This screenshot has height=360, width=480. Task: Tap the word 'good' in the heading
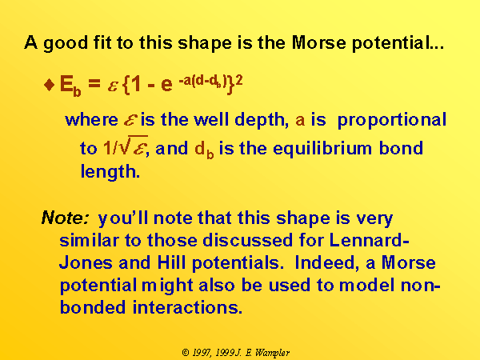pyautogui.click(x=66, y=44)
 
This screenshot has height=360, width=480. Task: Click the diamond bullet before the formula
pyautogui.click(x=50, y=85)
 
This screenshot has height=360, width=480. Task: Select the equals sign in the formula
pyautogui.click(x=94, y=83)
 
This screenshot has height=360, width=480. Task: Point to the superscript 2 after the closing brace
pyautogui.click(x=239, y=80)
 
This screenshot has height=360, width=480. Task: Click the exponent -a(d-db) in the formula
pyautogui.click(x=202, y=81)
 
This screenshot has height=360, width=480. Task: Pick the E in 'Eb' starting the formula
pyautogui.click(x=66, y=83)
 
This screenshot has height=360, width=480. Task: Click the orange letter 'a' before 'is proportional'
pyautogui.click(x=300, y=121)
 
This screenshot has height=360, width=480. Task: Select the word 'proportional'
pyautogui.click(x=391, y=121)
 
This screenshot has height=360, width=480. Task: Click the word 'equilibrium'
pyautogui.click(x=322, y=150)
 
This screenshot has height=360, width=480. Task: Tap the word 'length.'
pyautogui.click(x=110, y=172)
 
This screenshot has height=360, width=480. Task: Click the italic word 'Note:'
pyautogui.click(x=66, y=218)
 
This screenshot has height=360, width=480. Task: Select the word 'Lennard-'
pyautogui.click(x=370, y=240)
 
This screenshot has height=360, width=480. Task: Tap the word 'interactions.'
pyautogui.click(x=187, y=307)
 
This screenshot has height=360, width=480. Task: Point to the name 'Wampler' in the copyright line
pyautogui.click(x=272, y=353)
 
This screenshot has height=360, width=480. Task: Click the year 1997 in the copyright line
pyautogui.click(x=202, y=353)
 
